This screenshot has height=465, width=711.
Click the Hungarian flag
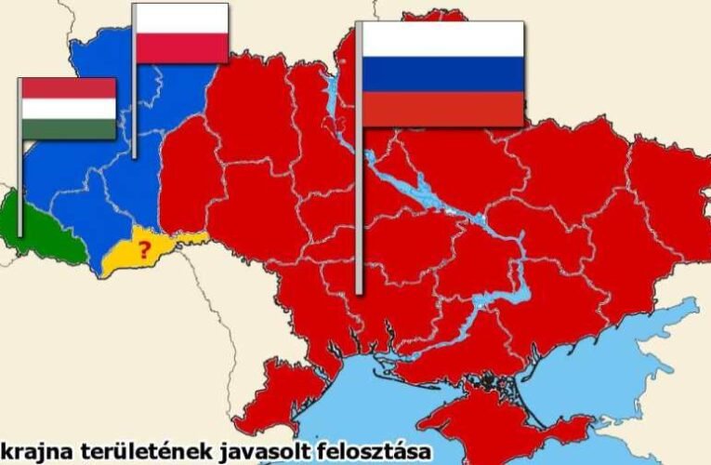pyautogui.click(x=69, y=108)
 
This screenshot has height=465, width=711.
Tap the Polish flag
pyautogui.click(x=182, y=33)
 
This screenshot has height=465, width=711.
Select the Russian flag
pyautogui.click(x=442, y=73)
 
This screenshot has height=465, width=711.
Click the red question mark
pyautogui.click(x=144, y=249)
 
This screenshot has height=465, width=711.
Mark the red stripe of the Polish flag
pyautogui.click(x=182, y=48)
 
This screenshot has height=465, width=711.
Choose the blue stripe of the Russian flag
pyautogui.click(x=442, y=74)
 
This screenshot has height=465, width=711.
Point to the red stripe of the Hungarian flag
pyautogui.click(x=69, y=88)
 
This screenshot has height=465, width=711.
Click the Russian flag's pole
pyautogui.click(x=360, y=186)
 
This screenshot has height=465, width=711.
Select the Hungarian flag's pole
pyautogui.click(x=20, y=186)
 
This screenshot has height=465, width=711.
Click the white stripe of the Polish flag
pyautogui.click(x=182, y=19)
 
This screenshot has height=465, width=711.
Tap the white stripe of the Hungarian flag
pyautogui.click(x=69, y=109)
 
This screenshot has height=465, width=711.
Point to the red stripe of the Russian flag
pyautogui.click(x=442, y=109)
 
